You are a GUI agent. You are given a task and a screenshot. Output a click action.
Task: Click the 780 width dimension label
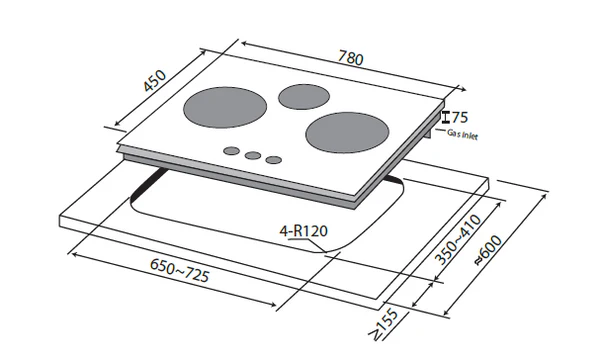point(351,58)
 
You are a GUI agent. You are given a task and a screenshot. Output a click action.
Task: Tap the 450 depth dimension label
point(155,81)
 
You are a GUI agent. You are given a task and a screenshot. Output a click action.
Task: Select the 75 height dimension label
point(460,117)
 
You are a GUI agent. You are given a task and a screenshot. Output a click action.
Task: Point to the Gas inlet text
point(462,135)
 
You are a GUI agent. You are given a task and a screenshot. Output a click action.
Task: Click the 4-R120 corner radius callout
point(304,231)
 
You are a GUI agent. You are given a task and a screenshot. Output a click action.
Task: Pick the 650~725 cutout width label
point(179,270)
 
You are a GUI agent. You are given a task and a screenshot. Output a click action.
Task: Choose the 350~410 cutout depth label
point(458,240)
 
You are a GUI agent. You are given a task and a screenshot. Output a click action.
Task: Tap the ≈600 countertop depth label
point(488,250)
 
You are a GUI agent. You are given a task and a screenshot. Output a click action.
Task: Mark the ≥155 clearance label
point(384,325)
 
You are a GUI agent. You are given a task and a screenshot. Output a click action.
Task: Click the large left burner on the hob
point(225,107)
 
